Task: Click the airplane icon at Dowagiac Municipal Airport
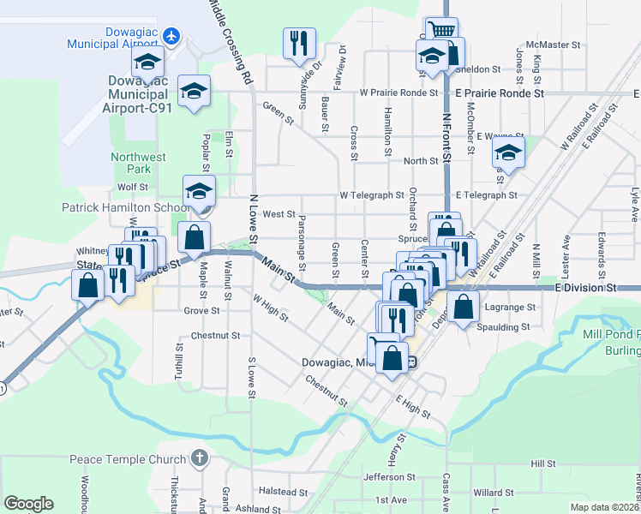(171, 37)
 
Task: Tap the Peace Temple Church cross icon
(200, 458)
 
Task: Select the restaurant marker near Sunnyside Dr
(299, 43)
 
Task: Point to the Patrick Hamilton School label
(125, 207)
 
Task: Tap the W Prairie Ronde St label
(398, 92)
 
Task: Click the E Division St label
(586, 289)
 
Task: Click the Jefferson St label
(389, 477)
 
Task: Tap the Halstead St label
(283, 492)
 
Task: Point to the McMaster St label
(554, 44)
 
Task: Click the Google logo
(28, 504)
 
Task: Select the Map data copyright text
(603, 507)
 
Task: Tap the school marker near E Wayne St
(507, 154)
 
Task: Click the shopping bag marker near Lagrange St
(463, 308)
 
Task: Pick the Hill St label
(543, 463)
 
